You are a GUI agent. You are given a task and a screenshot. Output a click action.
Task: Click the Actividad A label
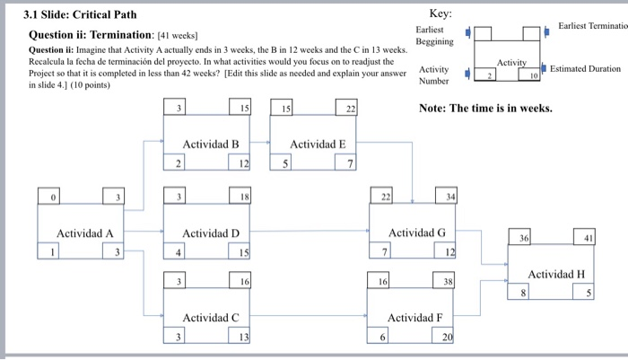[85, 233]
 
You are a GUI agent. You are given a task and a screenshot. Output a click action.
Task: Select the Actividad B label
[211, 144]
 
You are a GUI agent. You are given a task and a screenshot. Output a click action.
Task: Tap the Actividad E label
[318, 144]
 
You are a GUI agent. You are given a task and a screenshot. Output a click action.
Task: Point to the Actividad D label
[211, 233]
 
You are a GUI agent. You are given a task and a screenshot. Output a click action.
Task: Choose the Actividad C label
[211, 318]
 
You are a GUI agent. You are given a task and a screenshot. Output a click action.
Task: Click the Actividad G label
[416, 233]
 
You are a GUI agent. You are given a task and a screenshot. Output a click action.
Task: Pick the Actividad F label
[414, 318]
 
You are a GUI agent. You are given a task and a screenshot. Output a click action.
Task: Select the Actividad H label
[556, 274]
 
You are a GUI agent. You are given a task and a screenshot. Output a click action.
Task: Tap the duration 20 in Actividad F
[448, 337]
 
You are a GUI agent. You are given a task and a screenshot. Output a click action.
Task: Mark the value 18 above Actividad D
[244, 197]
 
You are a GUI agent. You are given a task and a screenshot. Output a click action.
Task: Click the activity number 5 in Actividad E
[285, 162]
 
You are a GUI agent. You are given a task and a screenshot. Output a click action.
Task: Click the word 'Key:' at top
[440, 14]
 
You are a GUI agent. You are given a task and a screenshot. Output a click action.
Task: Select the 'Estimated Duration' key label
[585, 68]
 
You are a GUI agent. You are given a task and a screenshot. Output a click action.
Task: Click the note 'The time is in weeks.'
[485, 108]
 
